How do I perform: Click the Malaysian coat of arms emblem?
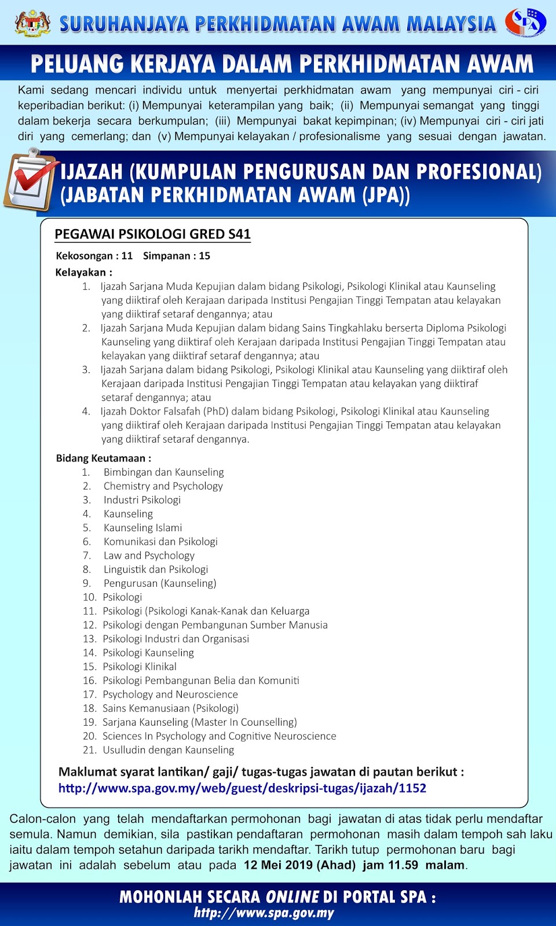point(32,23)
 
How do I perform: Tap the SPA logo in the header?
point(525,23)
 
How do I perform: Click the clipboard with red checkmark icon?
point(30,180)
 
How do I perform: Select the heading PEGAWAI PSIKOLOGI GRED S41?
point(152,234)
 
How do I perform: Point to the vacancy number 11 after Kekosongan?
point(127,256)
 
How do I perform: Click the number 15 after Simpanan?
point(204,256)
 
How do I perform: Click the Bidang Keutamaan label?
point(103,458)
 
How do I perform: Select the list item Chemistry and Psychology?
point(163,486)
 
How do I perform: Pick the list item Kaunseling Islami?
point(142,528)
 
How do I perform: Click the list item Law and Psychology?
point(149,556)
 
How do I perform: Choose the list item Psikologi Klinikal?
point(140,667)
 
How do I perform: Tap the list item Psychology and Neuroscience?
point(170,694)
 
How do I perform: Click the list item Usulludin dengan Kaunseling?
point(168,750)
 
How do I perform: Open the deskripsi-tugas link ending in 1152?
point(242,788)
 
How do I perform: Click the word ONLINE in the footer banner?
point(292,897)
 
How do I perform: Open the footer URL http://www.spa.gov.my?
point(264,913)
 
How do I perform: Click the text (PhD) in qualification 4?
point(215,411)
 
